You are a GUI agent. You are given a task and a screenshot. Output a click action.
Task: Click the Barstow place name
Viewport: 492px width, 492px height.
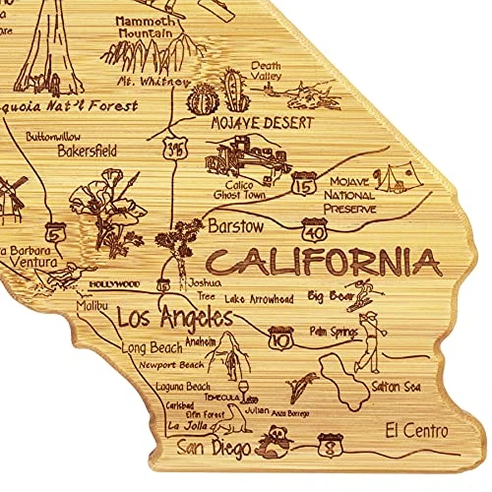[x=236, y=226]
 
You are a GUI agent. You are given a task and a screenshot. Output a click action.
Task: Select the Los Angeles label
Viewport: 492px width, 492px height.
[x=175, y=318]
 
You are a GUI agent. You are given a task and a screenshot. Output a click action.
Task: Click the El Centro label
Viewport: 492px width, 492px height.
[x=416, y=430]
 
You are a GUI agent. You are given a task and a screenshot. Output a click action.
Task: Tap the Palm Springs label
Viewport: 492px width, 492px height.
[x=333, y=332]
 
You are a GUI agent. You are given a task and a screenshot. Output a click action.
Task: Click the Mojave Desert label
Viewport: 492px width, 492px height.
[x=262, y=124]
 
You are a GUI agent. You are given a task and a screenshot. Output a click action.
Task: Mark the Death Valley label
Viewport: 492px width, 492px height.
[x=266, y=71]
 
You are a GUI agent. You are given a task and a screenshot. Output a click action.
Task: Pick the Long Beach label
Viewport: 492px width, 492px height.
[x=151, y=347]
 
